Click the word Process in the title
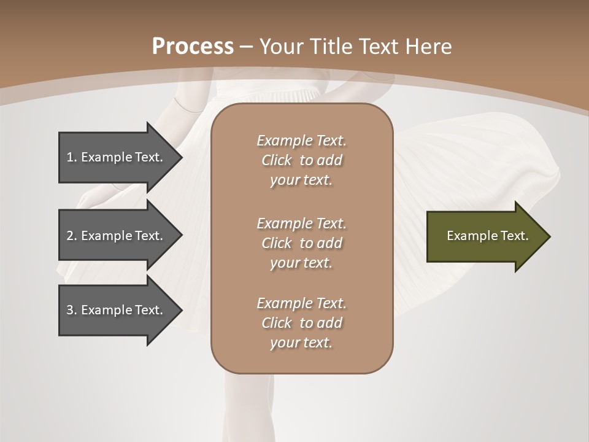(193, 47)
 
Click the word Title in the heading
(334, 47)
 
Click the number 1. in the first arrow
(72, 157)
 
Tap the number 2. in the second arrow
(72, 236)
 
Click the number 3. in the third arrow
(72, 310)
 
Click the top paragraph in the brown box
(301, 160)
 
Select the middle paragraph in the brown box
(301, 243)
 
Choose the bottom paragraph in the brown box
(301, 323)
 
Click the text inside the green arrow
(487, 236)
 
